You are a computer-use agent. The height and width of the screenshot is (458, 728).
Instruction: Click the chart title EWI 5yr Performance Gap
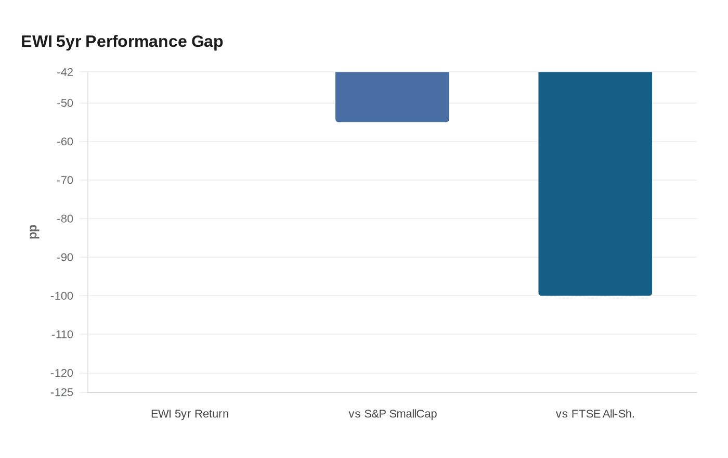(x=122, y=42)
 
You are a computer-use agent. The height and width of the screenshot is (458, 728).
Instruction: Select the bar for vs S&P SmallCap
(x=392, y=97)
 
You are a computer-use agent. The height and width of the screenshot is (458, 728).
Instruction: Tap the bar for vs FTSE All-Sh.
(x=595, y=183)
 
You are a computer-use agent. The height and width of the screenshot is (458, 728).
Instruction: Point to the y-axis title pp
(x=33, y=232)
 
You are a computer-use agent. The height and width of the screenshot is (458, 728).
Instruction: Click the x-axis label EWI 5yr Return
(x=190, y=414)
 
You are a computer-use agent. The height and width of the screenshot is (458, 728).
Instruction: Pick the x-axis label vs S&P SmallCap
(x=393, y=414)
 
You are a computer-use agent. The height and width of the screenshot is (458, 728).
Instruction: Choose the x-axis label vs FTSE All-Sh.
(x=595, y=414)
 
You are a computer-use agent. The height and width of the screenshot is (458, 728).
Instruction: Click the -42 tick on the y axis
(x=65, y=72)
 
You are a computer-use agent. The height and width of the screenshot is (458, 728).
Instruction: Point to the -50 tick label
(x=65, y=103)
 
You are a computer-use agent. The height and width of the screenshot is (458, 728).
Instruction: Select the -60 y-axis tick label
(x=65, y=142)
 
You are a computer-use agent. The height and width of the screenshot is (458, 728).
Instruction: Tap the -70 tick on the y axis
(x=65, y=180)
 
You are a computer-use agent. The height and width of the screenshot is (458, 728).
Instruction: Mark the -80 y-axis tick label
(x=65, y=219)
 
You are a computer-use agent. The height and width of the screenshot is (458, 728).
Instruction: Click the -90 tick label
(x=65, y=257)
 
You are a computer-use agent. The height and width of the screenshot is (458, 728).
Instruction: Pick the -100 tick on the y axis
(x=62, y=296)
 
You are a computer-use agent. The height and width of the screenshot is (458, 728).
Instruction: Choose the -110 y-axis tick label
(x=62, y=334)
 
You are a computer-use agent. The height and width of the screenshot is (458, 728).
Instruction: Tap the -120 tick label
(x=62, y=373)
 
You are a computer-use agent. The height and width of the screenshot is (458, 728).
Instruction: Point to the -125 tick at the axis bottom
(x=62, y=392)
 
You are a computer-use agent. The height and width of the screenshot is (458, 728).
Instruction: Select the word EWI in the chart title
(x=36, y=42)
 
